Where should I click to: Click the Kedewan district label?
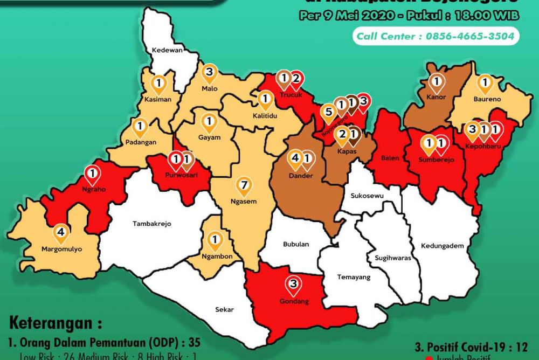tap(168, 50)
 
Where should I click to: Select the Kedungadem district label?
tap(443, 246)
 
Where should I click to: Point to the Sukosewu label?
tap(367, 196)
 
